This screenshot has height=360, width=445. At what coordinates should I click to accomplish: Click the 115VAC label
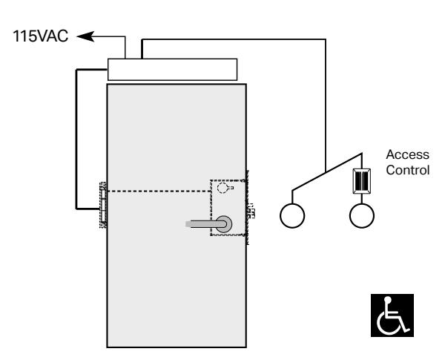click(x=40, y=36)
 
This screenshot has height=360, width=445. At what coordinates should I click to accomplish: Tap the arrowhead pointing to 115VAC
click(x=85, y=36)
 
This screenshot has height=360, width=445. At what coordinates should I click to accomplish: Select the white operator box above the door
click(x=172, y=70)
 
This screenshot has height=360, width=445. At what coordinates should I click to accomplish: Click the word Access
click(x=407, y=154)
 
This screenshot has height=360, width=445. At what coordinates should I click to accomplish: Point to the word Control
click(x=407, y=170)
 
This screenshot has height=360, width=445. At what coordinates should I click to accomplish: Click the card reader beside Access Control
click(x=362, y=181)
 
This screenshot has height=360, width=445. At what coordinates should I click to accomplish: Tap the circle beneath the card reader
click(x=362, y=216)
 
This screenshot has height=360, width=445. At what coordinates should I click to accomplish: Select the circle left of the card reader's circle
click(x=292, y=216)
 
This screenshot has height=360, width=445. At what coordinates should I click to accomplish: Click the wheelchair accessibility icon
click(x=392, y=315)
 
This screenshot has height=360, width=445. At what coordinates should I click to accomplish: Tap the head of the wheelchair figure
click(x=387, y=300)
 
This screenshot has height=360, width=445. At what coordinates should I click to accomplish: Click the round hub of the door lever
click(x=224, y=224)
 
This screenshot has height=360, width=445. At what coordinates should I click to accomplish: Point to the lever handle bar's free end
click(x=188, y=224)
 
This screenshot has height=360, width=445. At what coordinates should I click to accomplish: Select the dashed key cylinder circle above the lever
click(x=222, y=188)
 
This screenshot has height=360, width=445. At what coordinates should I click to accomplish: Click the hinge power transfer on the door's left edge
click(x=103, y=205)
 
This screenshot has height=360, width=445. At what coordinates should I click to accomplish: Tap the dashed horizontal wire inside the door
click(x=159, y=192)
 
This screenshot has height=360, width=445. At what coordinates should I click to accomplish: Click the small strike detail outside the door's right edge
click(x=251, y=211)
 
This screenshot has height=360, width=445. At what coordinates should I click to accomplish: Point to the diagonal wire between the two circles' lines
click(x=327, y=172)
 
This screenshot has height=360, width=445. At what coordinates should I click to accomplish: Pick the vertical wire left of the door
click(x=76, y=140)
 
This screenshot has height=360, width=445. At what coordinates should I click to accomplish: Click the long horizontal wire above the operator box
click(x=234, y=39)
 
